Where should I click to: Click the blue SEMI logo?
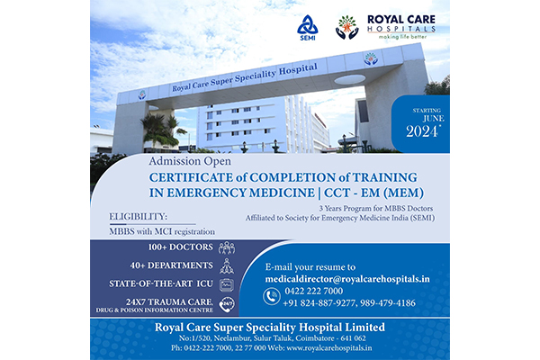[x=307, y=28]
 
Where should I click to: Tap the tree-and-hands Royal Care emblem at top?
[x=346, y=27]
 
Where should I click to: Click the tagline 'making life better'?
[x=402, y=37]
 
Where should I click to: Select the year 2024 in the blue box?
[x=423, y=131]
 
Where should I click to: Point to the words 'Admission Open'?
[x=190, y=161]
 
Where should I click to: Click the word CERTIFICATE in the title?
[x=191, y=177]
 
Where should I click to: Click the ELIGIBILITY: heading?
[x=138, y=217]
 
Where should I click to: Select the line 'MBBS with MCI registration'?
[x=162, y=231]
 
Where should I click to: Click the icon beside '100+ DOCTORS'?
[x=227, y=247]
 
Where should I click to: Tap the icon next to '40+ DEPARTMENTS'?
[x=227, y=266]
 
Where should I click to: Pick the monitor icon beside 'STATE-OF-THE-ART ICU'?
[x=227, y=284]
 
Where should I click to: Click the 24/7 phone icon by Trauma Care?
[x=227, y=304]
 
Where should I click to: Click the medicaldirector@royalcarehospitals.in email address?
[x=347, y=279]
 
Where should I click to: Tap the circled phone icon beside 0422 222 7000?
[x=272, y=296]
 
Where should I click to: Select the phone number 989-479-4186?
[x=388, y=302]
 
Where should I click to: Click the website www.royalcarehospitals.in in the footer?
[x=329, y=348]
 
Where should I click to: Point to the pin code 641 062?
[x=355, y=338]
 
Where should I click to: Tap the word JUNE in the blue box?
[x=434, y=119]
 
